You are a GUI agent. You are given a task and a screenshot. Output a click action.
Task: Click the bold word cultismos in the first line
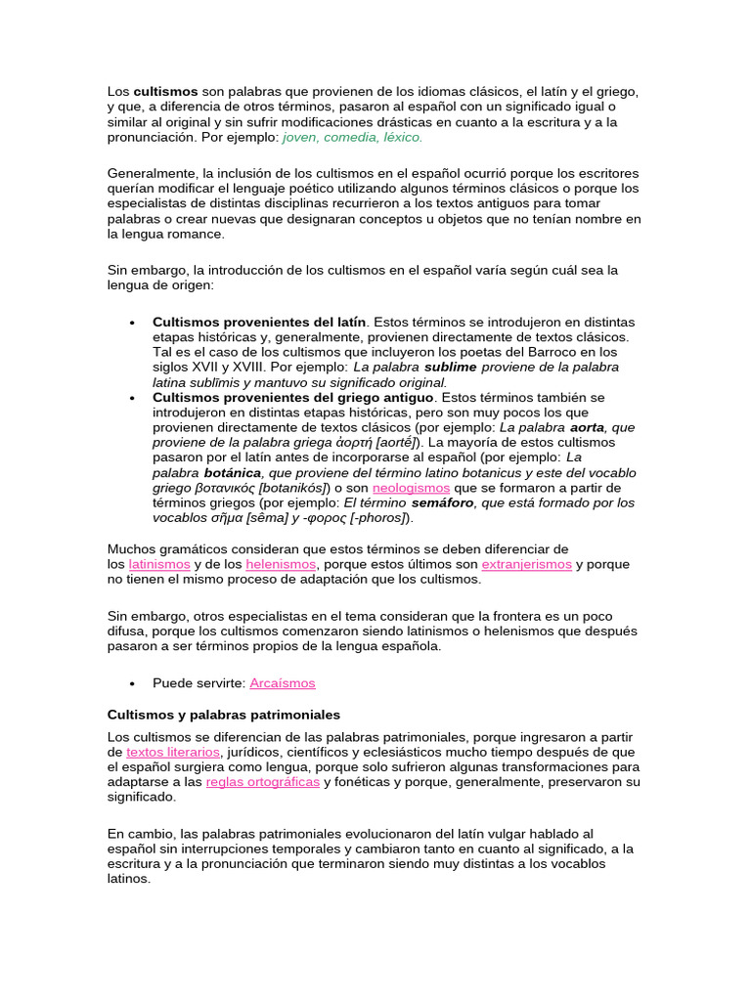[165, 91]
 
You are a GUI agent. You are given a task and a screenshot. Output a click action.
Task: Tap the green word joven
[300, 138]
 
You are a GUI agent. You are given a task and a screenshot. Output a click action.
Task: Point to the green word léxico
[404, 138]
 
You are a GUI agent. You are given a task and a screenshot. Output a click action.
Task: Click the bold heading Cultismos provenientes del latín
[259, 321]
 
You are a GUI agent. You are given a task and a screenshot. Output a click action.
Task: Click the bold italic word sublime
[449, 367]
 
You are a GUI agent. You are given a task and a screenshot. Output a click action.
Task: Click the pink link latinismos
[159, 564]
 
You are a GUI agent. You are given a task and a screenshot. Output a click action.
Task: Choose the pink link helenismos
[281, 564]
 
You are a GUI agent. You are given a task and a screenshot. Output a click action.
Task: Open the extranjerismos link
[526, 564]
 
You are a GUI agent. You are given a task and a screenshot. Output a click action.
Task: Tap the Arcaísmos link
[283, 682]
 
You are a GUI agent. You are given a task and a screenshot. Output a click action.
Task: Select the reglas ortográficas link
[263, 782]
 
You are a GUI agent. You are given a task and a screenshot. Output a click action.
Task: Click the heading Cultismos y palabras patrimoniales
[223, 715]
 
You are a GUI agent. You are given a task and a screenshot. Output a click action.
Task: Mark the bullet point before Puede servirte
[131, 682]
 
